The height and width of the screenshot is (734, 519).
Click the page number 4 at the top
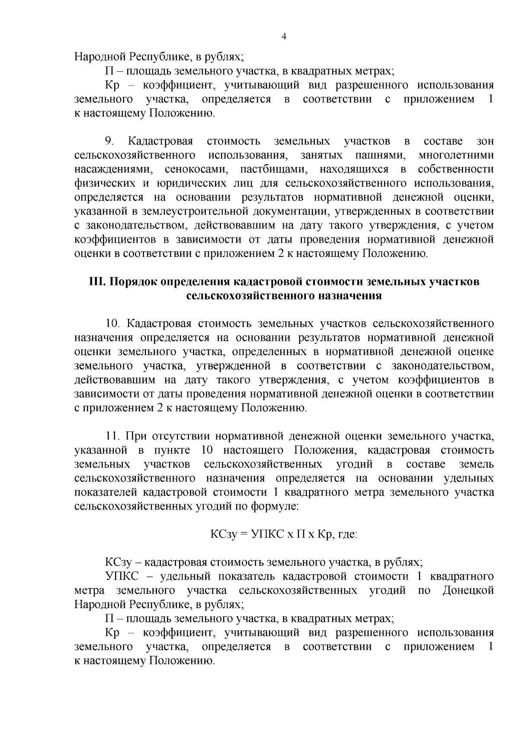tap(284, 37)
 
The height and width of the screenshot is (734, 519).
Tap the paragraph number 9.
tap(110, 141)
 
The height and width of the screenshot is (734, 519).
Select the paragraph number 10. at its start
tap(112, 324)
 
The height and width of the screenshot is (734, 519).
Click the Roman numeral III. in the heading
tap(97, 282)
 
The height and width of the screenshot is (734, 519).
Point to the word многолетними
tap(456, 155)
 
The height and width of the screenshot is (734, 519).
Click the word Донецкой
tap(468, 590)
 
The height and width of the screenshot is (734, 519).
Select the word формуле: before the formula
tap(276, 506)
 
